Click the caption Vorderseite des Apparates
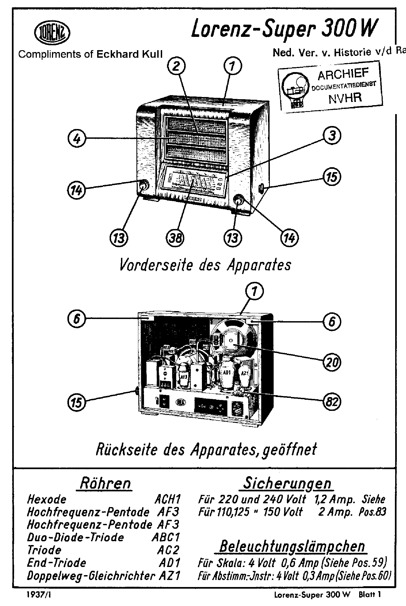pos(205,265)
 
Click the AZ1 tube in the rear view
pos(244,374)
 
